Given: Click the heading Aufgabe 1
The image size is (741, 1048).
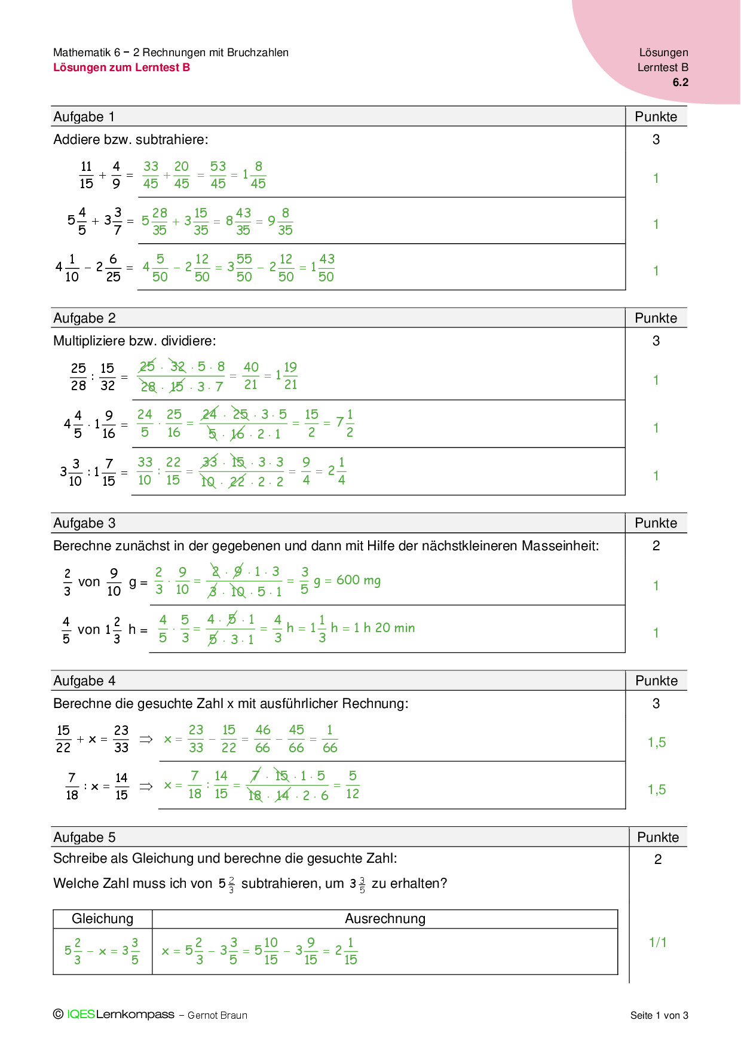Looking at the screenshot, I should pos(84,117).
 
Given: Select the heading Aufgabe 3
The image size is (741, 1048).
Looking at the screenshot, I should pos(84,523).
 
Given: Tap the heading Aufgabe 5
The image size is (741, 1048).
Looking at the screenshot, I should pos(84,838).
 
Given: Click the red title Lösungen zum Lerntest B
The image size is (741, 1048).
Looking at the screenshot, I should pos(121,68).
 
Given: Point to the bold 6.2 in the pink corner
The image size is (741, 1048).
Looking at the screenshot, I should pos(680,82).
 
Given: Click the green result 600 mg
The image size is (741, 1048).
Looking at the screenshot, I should pos(358,580).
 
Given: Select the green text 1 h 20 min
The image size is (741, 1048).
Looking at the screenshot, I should pos(384,628).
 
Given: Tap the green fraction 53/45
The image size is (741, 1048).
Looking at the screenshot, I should pos(218,175).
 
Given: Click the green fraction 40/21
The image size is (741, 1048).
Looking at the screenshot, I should pos(251,376).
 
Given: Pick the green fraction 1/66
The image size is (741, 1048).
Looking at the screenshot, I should pos(330,739).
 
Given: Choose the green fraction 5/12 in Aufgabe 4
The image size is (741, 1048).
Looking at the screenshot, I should pos(353,785).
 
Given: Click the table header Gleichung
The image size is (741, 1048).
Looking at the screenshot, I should pos(102,919).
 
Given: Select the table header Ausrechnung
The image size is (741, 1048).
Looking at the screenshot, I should pos(385,919).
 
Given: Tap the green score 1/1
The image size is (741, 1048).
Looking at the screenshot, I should pos(657,943).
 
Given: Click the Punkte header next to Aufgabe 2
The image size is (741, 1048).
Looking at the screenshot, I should pos(656,318).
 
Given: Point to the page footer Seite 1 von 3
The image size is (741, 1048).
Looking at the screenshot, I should pos(659,1015).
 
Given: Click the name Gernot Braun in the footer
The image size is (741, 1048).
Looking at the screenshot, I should pos(218,1015).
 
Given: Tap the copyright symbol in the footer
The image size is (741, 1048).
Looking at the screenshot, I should pos(58,1014).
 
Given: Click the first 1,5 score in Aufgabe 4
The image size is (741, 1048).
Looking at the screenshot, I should pos(656,743).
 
